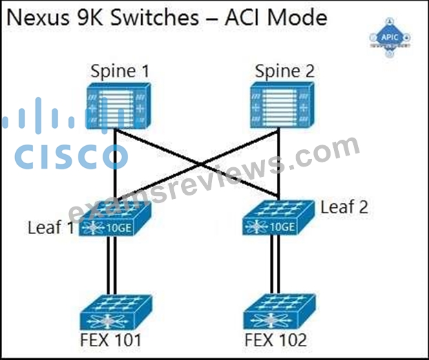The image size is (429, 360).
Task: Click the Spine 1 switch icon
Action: pos(118,105)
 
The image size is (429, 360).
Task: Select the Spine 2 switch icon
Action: pos(282,105)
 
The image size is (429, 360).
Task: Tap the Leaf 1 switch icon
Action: pos(115,218)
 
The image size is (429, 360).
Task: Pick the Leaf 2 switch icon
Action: pos(278,218)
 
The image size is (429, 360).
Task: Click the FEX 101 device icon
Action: pos(116,312)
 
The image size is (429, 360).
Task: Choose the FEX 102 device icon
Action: pos(280,312)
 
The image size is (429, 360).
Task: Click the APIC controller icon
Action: pos(390,38)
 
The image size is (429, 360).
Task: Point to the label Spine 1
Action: pos(120,71)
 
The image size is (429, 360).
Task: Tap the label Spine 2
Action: pos(284,71)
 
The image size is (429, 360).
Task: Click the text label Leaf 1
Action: pos(51,227)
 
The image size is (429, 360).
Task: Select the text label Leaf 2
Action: pos(344,207)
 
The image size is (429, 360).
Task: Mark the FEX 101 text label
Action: pos(111,340)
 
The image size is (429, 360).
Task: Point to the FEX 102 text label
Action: pos(275,340)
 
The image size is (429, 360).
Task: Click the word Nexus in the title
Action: pos(38,18)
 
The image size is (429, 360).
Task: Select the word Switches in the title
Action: pos(155,18)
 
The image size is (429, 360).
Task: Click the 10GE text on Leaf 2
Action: pos(282,226)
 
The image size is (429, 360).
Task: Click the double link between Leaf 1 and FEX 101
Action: pos(112,265)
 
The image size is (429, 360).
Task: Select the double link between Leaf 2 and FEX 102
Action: pos(275,264)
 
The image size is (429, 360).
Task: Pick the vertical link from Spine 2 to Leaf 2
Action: pos(278,164)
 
